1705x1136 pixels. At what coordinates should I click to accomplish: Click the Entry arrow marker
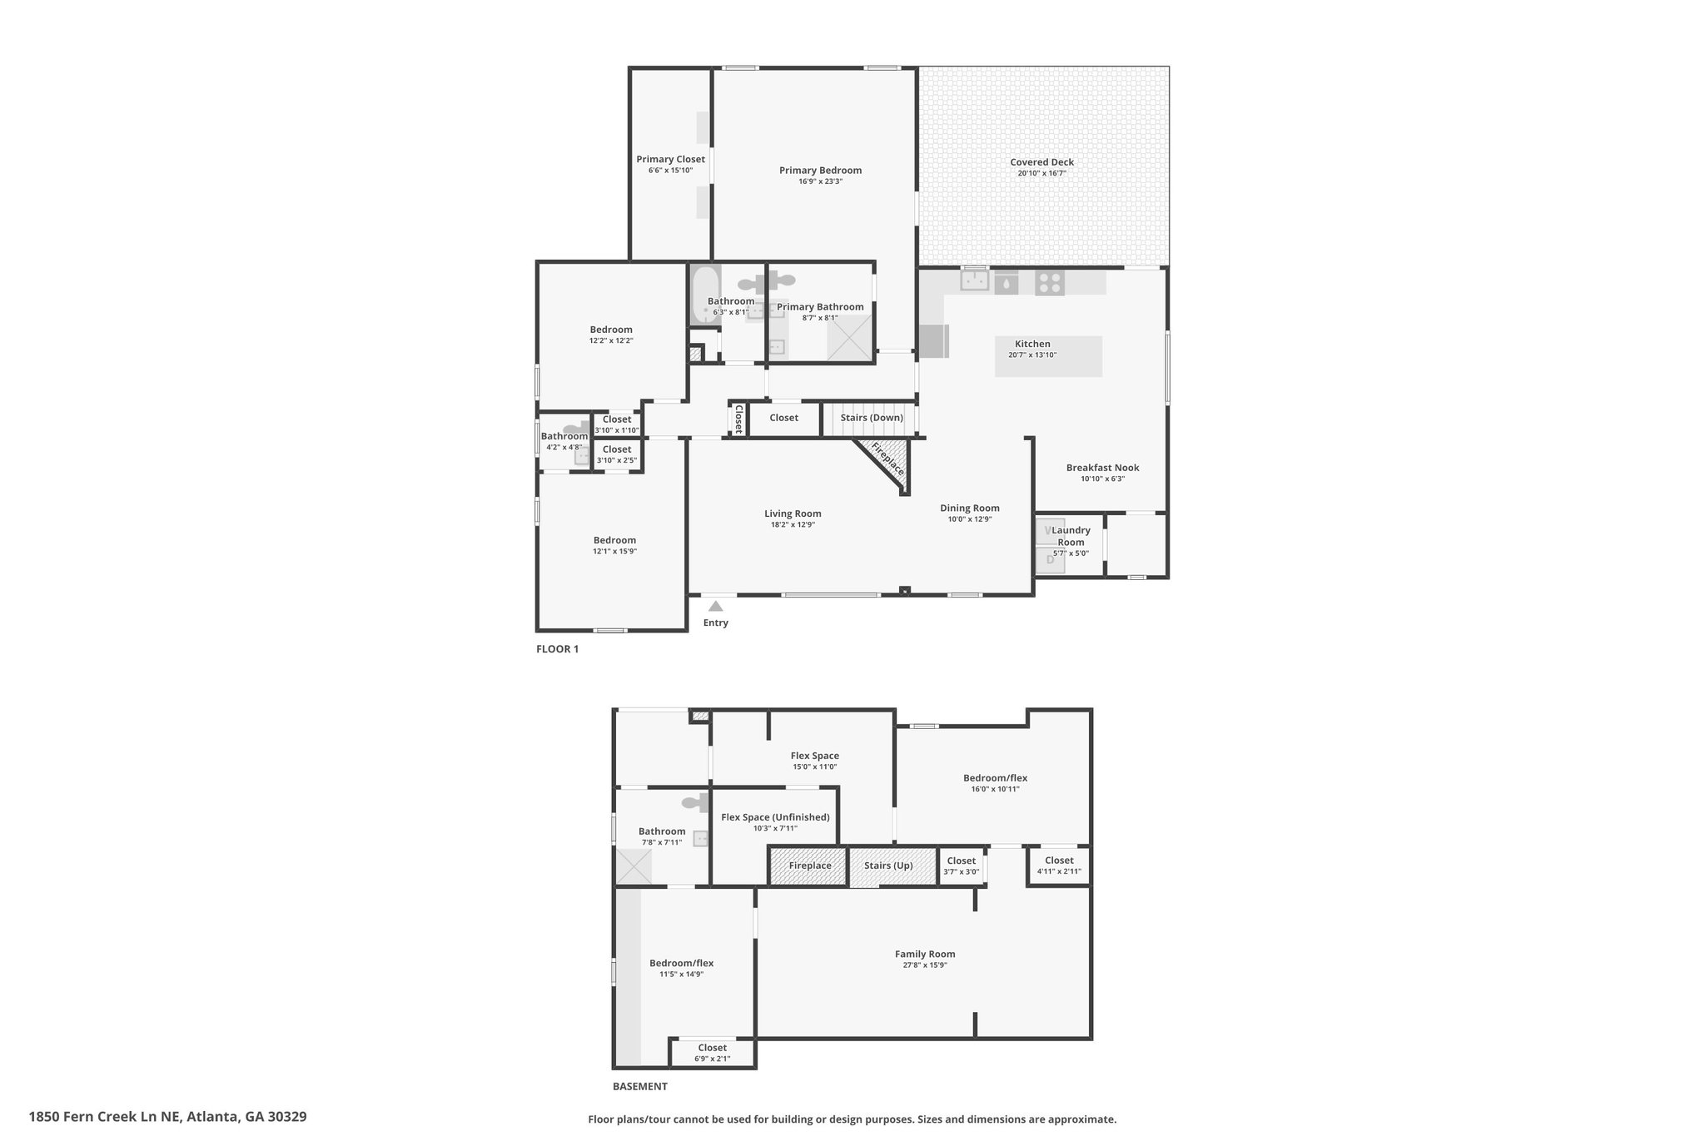click(715, 607)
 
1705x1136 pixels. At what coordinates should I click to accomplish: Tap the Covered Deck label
click(1041, 162)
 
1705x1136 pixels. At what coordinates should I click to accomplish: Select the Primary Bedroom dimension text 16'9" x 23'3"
click(820, 181)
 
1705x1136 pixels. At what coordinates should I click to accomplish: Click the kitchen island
click(1049, 356)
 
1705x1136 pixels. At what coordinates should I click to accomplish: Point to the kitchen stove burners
click(1050, 283)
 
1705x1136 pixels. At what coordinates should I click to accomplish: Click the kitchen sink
click(974, 280)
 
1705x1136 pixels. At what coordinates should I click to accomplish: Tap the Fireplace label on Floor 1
click(887, 459)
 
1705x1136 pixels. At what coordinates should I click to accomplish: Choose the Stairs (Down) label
click(872, 418)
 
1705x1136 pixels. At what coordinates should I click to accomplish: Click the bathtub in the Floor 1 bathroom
click(705, 295)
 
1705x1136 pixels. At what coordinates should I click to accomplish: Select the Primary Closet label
click(670, 159)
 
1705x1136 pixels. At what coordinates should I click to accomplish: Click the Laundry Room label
click(1071, 536)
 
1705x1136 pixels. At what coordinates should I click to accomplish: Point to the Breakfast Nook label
click(1102, 468)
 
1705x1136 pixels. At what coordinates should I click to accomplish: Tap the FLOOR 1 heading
click(557, 649)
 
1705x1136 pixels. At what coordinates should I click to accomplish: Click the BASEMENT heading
click(639, 1086)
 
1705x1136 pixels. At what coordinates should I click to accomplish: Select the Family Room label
click(925, 955)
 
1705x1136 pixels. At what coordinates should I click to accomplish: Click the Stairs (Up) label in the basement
click(888, 866)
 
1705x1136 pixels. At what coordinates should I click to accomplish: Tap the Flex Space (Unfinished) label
click(775, 817)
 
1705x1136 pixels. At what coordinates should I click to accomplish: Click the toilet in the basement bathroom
click(695, 802)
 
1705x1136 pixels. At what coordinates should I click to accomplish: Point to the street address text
click(167, 1116)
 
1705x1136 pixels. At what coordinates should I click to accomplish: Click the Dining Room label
click(970, 508)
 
